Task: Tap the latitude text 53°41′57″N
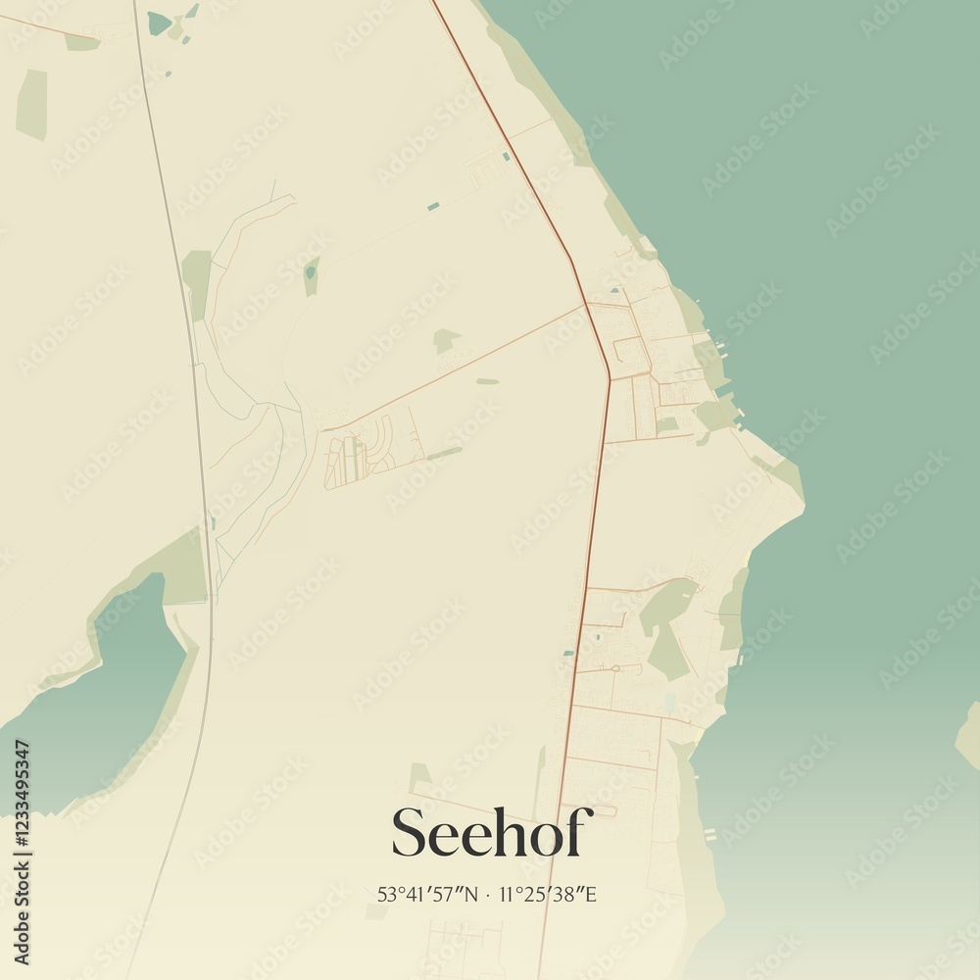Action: click(x=428, y=894)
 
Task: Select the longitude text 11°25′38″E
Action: click(x=548, y=894)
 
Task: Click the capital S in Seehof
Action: click(x=412, y=834)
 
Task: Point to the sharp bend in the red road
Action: click(x=609, y=377)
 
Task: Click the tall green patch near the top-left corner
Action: click(x=31, y=104)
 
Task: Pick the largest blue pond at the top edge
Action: click(x=159, y=23)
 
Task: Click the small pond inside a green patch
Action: click(x=312, y=273)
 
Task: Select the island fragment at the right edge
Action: click(x=968, y=735)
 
